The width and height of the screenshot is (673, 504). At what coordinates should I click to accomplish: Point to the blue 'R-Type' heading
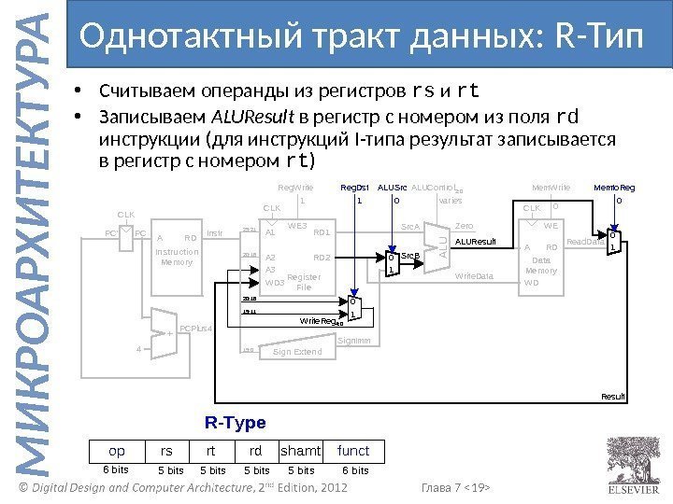pyautogui.click(x=235, y=423)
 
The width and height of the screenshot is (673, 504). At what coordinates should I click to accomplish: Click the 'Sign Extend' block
pyautogui.click(x=296, y=352)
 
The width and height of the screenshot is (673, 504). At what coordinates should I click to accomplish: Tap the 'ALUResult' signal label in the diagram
pyautogui.click(x=475, y=242)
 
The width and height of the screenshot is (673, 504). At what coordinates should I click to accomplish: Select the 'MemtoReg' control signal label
pyautogui.click(x=614, y=187)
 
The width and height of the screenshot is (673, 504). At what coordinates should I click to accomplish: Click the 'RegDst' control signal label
pyautogui.click(x=355, y=187)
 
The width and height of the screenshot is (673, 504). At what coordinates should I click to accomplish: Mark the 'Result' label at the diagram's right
pyautogui.click(x=613, y=397)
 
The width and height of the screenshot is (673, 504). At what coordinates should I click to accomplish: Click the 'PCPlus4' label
pyautogui.click(x=196, y=329)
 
